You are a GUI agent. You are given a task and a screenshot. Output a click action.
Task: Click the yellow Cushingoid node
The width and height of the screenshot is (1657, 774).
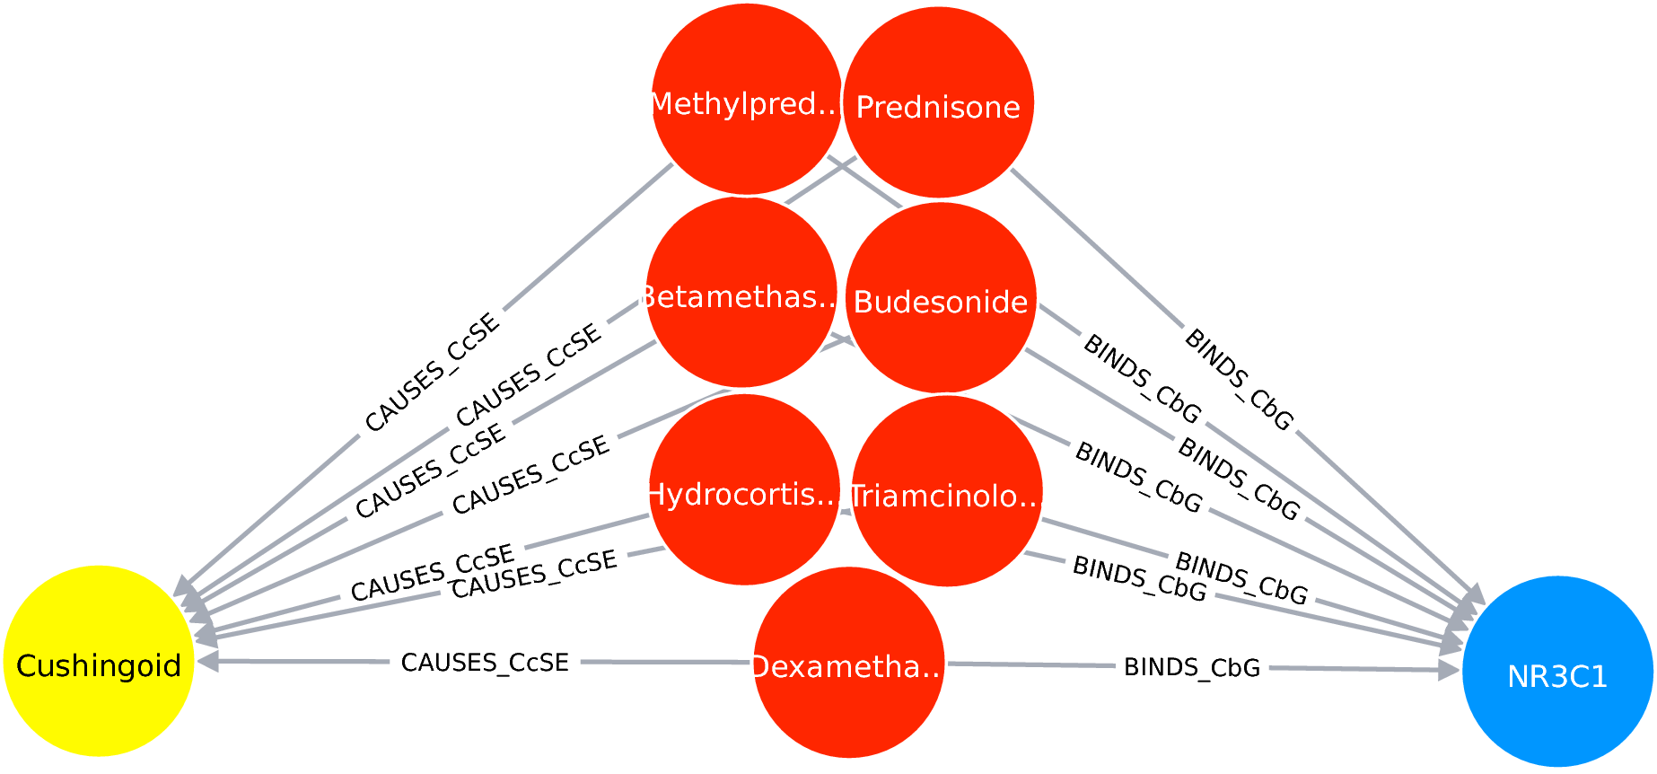(99, 661)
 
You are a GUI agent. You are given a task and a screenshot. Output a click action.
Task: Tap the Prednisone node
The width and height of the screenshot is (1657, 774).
(938, 102)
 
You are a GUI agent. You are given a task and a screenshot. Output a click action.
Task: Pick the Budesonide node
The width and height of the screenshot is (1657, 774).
(941, 298)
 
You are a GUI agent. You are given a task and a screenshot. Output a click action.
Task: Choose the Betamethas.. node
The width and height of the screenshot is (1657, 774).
(741, 293)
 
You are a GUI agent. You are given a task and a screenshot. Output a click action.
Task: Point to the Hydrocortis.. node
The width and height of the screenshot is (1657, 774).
(744, 490)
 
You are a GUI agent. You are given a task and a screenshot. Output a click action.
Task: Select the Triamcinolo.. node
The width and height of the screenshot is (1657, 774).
(946, 492)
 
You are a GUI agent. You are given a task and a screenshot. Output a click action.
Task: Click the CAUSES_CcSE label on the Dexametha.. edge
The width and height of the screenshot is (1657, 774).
(485, 663)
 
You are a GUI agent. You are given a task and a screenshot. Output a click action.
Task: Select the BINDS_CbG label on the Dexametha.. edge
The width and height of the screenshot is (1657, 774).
(1192, 667)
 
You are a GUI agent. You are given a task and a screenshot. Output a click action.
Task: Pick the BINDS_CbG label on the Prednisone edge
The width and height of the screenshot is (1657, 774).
(1240, 380)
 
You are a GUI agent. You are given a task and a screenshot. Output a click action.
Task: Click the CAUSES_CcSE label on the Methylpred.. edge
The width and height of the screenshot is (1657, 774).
(432, 371)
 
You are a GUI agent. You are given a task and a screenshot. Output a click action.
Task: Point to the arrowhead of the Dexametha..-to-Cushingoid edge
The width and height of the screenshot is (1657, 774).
(207, 662)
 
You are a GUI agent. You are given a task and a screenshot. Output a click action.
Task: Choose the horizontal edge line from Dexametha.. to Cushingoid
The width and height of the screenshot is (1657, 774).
(664, 662)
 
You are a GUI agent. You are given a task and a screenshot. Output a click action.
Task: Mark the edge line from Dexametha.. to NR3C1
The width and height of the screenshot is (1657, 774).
(1032, 665)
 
